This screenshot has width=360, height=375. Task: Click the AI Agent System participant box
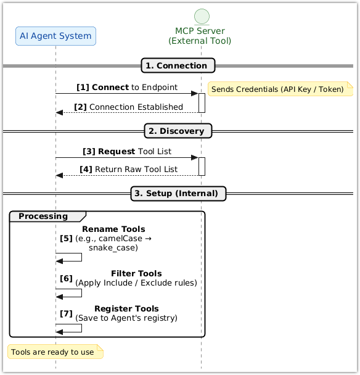point(55,36)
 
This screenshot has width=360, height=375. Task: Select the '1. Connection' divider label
point(179,65)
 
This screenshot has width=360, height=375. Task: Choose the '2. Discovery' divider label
point(179,131)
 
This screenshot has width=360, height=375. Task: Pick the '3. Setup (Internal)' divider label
point(179,193)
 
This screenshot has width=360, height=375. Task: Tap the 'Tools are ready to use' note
point(55,352)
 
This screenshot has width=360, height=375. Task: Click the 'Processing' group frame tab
point(44,216)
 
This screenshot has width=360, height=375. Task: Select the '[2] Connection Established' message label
point(128,107)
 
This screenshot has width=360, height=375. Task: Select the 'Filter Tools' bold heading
point(136,273)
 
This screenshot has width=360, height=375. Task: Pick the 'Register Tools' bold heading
point(126,308)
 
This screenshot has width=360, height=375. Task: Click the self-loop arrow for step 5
point(81,257)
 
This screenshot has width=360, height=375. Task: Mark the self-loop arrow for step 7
point(81,328)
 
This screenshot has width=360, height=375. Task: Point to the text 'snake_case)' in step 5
point(113,247)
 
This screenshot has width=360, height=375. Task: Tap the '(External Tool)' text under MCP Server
point(200,41)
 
